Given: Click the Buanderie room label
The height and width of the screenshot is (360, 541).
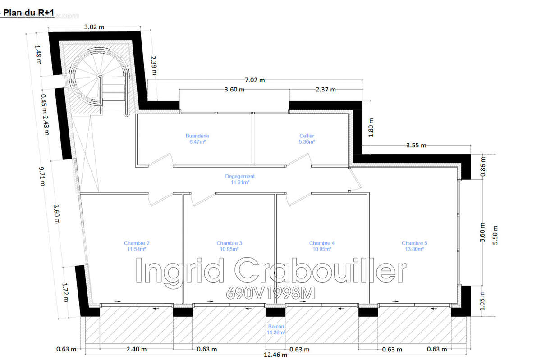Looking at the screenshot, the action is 197,139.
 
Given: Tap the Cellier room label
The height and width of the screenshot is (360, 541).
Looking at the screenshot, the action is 307,139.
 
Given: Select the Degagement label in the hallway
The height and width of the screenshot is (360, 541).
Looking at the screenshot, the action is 240,179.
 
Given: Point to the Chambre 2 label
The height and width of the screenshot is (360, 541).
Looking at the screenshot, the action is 137,246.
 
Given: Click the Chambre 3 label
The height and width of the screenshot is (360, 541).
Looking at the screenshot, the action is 229,246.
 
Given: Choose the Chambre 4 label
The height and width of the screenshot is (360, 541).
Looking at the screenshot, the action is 322,246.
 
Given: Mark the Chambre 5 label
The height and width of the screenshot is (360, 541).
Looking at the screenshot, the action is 414,246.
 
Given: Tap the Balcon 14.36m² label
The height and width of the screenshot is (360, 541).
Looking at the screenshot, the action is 276,329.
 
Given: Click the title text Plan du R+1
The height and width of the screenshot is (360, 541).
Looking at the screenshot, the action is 28,13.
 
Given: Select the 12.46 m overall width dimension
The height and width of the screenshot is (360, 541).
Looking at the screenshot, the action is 275,355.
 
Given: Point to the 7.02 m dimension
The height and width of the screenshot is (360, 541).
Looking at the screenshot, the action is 255,80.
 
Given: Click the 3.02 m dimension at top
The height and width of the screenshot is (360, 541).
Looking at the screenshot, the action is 94,27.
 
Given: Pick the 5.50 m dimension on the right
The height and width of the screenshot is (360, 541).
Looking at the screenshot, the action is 495,235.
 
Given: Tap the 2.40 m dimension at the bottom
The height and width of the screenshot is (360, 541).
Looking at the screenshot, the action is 137,349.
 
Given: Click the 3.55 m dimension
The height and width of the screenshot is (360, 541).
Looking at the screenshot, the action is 416,146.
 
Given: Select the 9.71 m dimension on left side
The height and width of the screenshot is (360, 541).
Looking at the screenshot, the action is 42,177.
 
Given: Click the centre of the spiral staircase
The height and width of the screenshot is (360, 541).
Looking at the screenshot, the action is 99,77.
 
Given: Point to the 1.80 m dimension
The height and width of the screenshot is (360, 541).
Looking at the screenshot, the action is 371,127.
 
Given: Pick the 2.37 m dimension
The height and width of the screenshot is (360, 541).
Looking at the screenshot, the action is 326,90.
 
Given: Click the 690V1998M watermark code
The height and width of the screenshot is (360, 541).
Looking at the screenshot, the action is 270,293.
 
